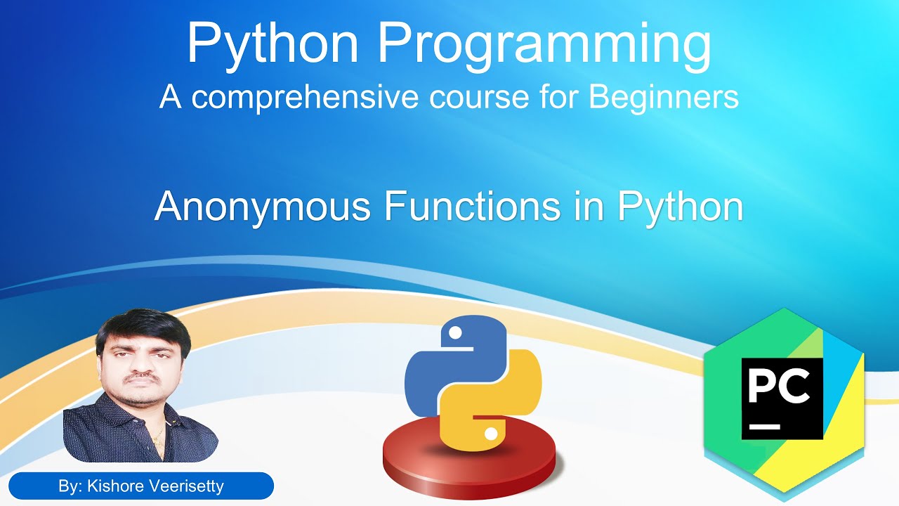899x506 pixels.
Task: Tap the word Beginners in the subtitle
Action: [664, 97]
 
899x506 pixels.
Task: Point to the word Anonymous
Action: [262, 206]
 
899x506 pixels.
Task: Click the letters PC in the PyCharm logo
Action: [781, 387]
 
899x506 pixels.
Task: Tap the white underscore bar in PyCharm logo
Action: [766, 426]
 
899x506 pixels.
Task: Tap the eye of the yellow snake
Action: [490, 434]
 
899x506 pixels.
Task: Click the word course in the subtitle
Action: [461, 97]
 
